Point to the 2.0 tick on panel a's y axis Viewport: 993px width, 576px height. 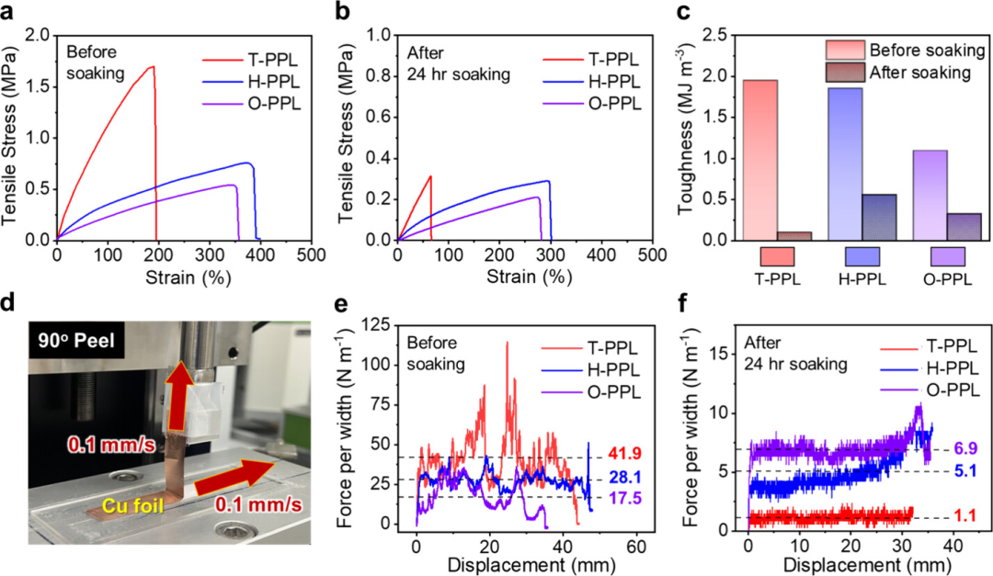[38, 35]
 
